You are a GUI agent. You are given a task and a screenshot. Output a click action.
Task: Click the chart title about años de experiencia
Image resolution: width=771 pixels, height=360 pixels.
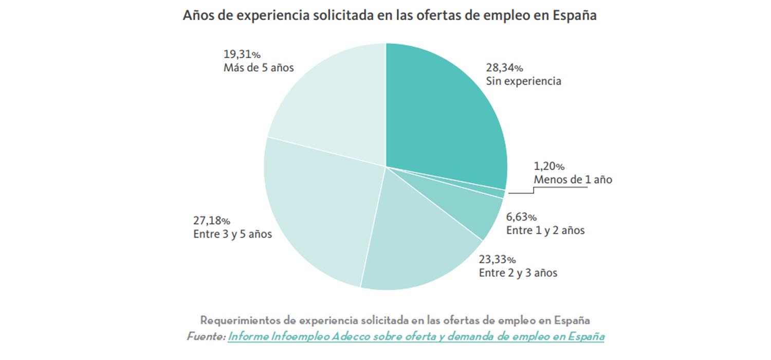pyautogui.click(x=390, y=15)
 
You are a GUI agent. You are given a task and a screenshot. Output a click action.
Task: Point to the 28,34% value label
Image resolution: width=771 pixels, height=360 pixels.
pyautogui.click(x=504, y=68)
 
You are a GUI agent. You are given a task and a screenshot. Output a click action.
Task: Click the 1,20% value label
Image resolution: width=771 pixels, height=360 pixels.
pyautogui.click(x=549, y=167)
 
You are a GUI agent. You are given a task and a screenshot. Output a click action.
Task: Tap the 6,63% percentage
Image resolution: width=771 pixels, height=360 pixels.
pyautogui.click(x=521, y=217)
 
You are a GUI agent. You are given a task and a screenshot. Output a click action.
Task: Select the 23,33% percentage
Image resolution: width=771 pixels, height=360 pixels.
pyautogui.click(x=497, y=259)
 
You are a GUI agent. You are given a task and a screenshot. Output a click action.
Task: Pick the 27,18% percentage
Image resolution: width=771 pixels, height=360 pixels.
pyautogui.click(x=211, y=221)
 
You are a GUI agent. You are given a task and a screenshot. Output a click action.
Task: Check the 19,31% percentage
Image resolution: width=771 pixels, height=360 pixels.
pyautogui.click(x=242, y=54)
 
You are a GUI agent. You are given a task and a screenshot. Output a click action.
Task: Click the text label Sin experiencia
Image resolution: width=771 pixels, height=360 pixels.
pyautogui.click(x=523, y=81)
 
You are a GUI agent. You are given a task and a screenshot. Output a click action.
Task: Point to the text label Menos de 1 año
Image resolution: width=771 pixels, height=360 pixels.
pyautogui.click(x=573, y=180)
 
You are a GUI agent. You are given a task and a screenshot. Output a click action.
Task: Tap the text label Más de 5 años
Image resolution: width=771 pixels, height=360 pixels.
pyautogui.click(x=259, y=67)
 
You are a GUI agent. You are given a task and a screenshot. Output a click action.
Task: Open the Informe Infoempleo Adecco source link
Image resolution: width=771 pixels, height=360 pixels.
pyautogui.click(x=416, y=337)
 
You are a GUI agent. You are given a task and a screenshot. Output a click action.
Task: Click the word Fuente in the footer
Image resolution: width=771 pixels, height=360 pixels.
pyautogui.click(x=206, y=337)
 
